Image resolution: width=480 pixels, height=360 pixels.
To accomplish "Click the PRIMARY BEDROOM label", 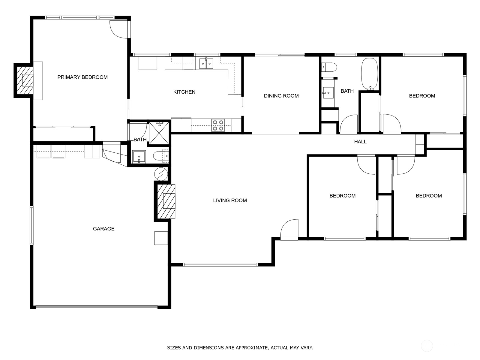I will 82,77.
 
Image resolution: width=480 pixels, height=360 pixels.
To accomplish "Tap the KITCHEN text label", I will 184,92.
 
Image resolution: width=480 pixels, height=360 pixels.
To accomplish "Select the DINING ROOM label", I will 281,96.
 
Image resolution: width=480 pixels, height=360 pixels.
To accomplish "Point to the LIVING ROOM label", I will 230,200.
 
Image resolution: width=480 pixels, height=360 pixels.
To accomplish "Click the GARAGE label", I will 103,229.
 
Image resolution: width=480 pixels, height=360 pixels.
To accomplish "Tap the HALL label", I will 360,142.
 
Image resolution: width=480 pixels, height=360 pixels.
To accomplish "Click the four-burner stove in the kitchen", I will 218,125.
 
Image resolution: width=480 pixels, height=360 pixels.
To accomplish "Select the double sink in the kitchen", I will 206,64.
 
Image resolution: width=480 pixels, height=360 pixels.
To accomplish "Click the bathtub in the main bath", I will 369,74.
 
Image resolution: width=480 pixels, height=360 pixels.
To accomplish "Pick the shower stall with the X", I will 159,133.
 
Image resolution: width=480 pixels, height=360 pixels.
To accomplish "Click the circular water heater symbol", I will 161,173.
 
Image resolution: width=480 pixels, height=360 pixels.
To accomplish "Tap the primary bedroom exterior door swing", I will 119,29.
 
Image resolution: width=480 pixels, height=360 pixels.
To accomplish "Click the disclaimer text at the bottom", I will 240,348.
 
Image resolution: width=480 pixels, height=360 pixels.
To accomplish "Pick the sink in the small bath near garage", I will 139,157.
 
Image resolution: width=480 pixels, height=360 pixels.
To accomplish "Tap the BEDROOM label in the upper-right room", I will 422,96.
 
